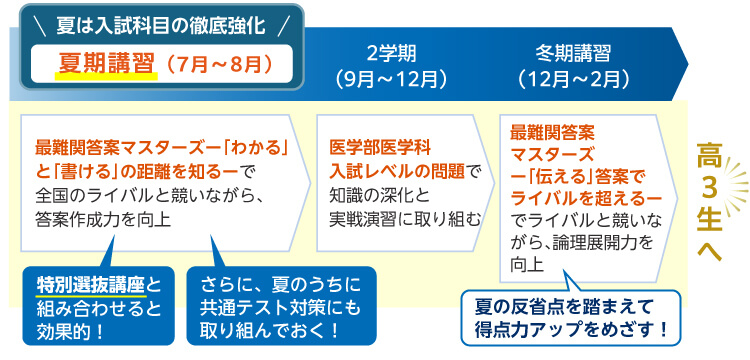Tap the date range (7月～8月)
(x=220, y=66)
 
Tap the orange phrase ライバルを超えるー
(x=580, y=196)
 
